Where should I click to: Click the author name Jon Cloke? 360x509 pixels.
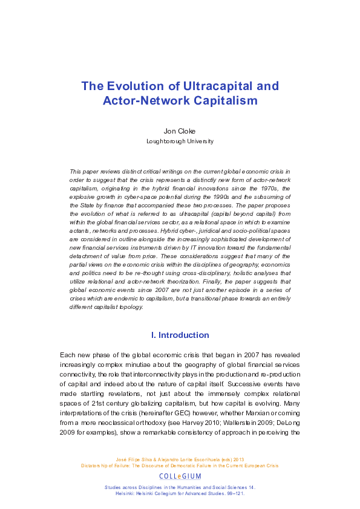[180, 131]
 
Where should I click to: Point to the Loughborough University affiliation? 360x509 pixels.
[180, 141]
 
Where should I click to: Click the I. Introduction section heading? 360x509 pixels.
[180, 335]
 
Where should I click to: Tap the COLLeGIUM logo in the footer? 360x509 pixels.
[180, 476]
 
